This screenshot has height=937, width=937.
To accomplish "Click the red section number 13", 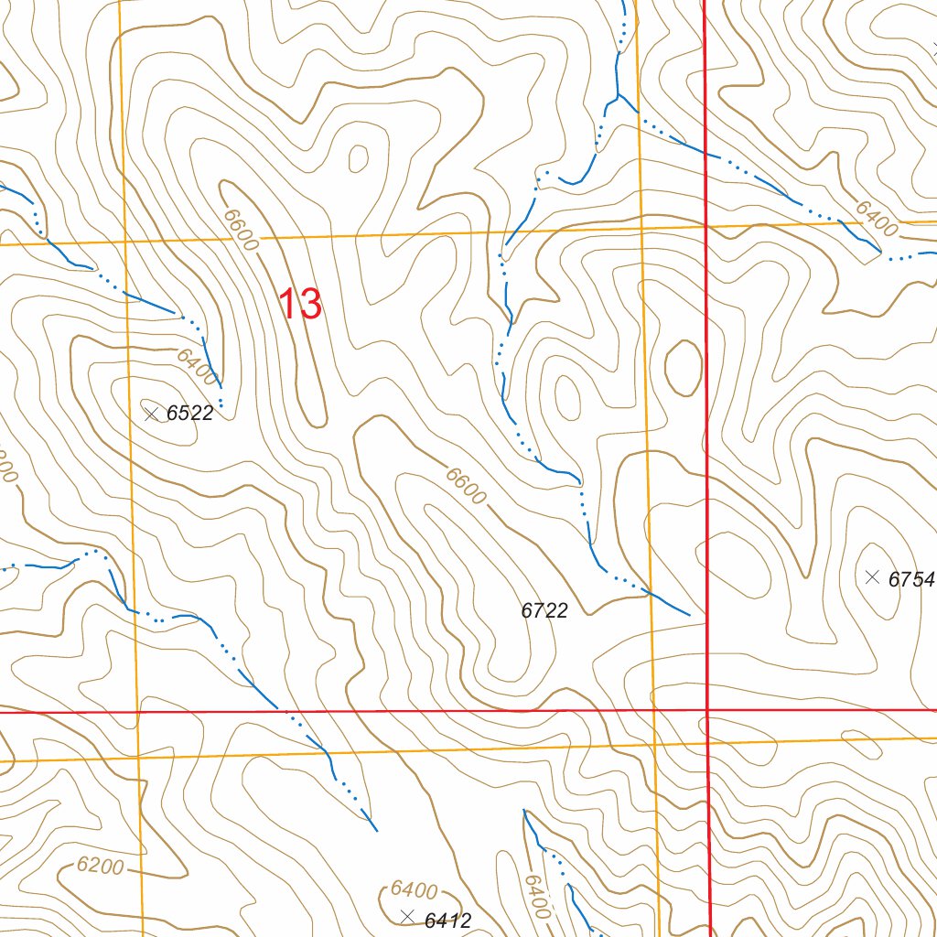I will click(x=300, y=304).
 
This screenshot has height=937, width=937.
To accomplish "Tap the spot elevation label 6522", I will click(x=189, y=414).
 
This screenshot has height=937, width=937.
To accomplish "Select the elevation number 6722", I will click(x=544, y=610).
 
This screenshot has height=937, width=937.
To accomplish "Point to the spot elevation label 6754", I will click(x=911, y=579).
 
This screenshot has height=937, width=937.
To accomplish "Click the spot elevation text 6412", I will click(x=447, y=921).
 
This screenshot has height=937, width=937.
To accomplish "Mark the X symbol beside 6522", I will click(x=152, y=414).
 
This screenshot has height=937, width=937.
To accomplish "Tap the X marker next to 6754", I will click(x=872, y=576).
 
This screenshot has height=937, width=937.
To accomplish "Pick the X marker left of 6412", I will click(x=408, y=917).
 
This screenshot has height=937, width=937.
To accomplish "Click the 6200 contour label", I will click(x=100, y=865).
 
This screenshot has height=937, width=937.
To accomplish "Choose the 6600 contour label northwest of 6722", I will click(x=466, y=485).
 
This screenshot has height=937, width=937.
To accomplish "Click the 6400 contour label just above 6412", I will click(x=414, y=889).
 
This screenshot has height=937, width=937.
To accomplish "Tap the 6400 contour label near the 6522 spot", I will click(x=198, y=367).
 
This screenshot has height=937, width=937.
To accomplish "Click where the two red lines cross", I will click(x=707, y=709).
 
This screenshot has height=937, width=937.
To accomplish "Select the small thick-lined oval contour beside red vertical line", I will click(x=683, y=368).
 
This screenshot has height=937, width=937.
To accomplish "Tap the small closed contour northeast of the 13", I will click(x=359, y=158).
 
